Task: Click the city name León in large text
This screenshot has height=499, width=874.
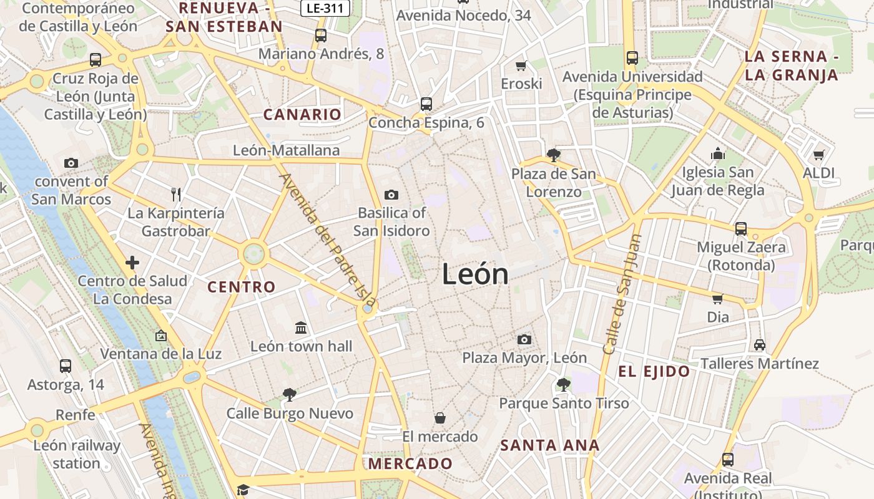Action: [475, 274]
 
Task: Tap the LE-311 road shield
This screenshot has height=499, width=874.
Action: [325, 9]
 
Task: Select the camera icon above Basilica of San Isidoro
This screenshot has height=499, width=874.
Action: [391, 195]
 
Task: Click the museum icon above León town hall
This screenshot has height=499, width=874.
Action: [301, 327]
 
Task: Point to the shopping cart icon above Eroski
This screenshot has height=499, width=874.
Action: [521, 65]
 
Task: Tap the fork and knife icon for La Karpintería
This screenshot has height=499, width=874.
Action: [176, 195]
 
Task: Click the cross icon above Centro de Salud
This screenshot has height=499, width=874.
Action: [132, 263]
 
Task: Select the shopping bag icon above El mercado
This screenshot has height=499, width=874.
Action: [440, 417]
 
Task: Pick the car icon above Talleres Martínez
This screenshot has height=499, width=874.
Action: [760, 344]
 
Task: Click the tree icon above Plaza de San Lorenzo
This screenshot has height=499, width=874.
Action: [552, 155]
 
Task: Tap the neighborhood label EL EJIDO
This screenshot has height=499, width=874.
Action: [654, 372]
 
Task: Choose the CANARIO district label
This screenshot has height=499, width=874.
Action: [302, 114]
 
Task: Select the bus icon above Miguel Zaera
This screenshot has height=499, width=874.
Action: [741, 228]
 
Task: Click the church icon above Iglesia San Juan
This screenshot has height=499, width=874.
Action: [718, 153]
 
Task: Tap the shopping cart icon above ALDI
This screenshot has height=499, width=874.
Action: [818, 154]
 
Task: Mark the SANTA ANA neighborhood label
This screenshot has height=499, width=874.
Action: [550, 445]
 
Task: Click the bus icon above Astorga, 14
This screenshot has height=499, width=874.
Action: [66, 366]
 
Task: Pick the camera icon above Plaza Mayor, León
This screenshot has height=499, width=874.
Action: [524, 339]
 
